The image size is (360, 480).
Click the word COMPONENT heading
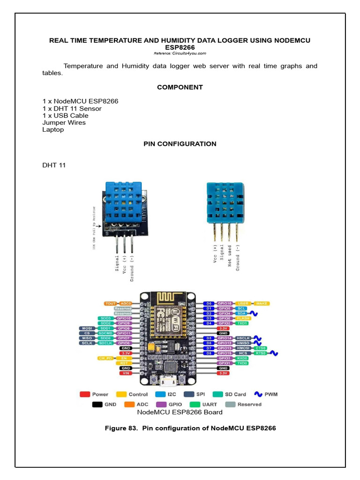pos(180,87)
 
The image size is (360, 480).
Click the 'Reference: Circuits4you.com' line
pos(180,53)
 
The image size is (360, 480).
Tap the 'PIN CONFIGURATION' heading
pos(180,144)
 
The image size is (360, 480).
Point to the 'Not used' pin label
pos(230,256)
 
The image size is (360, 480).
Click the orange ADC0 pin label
pos(126,304)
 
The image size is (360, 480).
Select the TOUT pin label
pos(111,304)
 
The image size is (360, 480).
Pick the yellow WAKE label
pos(262,303)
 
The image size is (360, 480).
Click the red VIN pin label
pos(126,373)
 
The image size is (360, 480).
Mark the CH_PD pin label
pos(106,358)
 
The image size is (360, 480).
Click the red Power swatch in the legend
pos(85,394)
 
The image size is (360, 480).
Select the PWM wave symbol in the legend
pos(257,394)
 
